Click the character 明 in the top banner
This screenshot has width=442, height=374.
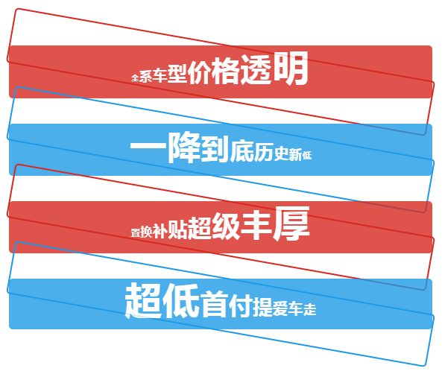[x=291, y=69]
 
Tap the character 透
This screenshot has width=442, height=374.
[x=256, y=70]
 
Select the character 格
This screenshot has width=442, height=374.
[x=225, y=71]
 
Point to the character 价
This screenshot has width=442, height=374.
[x=200, y=72]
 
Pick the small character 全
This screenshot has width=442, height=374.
[x=135, y=77]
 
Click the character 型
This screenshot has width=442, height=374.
[x=177, y=74]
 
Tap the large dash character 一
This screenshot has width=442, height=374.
[x=148, y=146]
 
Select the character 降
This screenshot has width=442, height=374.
[x=184, y=148]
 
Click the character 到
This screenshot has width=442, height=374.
[x=215, y=150]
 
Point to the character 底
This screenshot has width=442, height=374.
[x=241, y=151]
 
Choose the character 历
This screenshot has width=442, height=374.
[x=264, y=153]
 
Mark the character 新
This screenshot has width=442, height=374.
[x=295, y=155]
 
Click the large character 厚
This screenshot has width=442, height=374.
[x=291, y=224]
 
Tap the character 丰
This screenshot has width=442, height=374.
[x=256, y=225]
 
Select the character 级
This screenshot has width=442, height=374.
[x=226, y=226]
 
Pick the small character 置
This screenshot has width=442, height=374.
[x=135, y=232]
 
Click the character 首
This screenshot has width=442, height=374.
[x=215, y=304]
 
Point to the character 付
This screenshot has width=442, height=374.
[x=241, y=305]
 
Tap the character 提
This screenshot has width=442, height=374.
[x=262, y=307]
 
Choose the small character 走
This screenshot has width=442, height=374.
[x=310, y=309]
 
